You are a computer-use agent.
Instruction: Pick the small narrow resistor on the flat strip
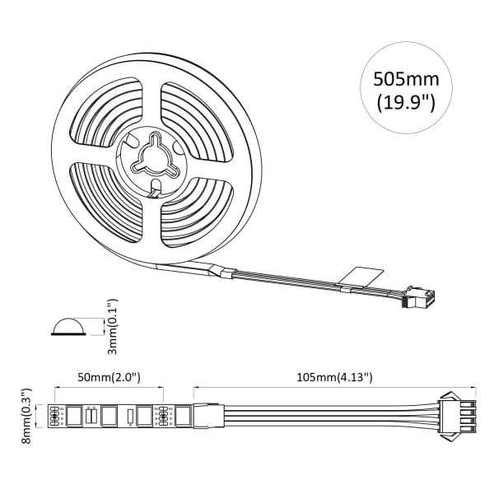[x=129, y=417]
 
